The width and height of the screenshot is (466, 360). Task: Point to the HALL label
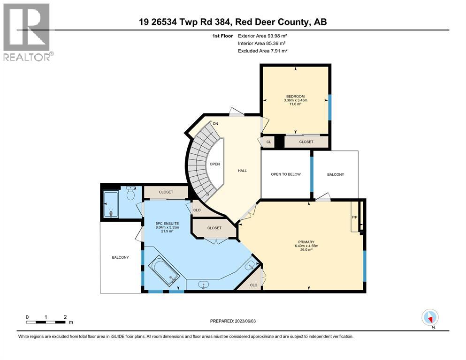click(x=242, y=171)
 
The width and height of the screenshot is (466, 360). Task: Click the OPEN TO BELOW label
click(x=285, y=174)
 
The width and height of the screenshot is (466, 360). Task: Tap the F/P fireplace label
click(x=355, y=217)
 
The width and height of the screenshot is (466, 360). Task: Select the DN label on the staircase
click(x=215, y=124)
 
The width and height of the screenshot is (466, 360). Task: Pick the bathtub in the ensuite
click(x=164, y=271)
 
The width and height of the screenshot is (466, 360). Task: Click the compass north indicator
click(x=430, y=317)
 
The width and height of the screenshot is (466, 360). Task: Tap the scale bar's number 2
click(x=65, y=317)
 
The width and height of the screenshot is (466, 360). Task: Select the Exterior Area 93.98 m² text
click(x=262, y=35)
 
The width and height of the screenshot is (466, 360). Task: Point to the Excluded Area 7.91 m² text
click(x=262, y=51)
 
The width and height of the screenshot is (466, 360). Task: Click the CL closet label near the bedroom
click(x=268, y=142)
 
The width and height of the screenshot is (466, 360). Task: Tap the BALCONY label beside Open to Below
click(x=335, y=174)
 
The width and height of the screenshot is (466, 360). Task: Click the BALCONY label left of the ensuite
click(x=120, y=257)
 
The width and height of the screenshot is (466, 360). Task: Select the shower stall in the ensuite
click(x=111, y=204)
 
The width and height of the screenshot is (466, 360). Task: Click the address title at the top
click(x=233, y=22)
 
